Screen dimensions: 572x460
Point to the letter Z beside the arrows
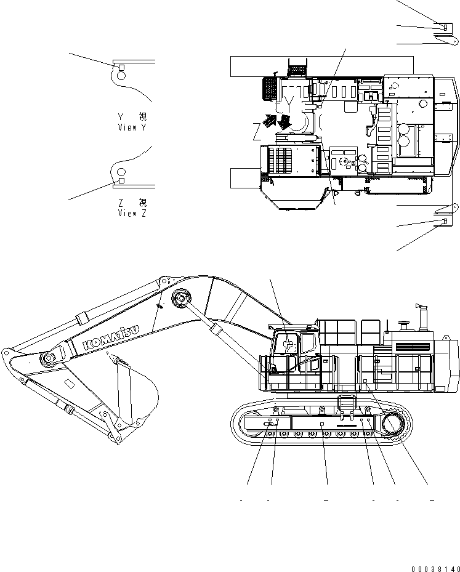click(257, 131)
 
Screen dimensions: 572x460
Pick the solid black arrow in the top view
click(284, 122)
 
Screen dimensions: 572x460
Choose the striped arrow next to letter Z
click(269, 121)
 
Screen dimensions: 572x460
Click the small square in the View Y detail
click(121, 67)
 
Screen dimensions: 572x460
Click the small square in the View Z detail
click(121, 180)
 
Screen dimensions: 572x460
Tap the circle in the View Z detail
click(121, 172)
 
